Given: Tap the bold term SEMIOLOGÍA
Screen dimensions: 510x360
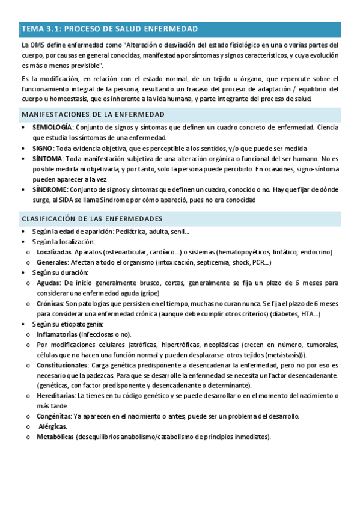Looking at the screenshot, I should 52,128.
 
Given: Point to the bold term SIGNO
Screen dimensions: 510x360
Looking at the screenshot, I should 42,149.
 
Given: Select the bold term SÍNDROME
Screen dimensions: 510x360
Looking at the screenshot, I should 49,189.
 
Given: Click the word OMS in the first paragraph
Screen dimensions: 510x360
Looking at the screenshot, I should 36,45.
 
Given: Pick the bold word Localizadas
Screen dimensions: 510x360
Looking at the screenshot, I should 54,252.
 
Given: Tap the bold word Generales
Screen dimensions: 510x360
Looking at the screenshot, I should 52,262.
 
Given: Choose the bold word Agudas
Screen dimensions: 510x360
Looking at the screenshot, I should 48,282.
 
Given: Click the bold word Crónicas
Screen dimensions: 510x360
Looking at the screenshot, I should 50,303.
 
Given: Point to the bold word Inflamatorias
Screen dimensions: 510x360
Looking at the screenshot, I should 56,334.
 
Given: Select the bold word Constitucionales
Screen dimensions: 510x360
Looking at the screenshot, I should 61,365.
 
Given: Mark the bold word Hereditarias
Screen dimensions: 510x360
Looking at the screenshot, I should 55,396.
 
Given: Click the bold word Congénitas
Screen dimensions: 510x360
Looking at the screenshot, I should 53,416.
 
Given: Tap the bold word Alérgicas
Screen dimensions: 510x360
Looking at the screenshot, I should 53,426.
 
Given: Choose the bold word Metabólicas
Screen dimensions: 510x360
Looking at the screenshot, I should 55,437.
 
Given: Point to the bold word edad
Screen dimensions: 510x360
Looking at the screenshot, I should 67,232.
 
